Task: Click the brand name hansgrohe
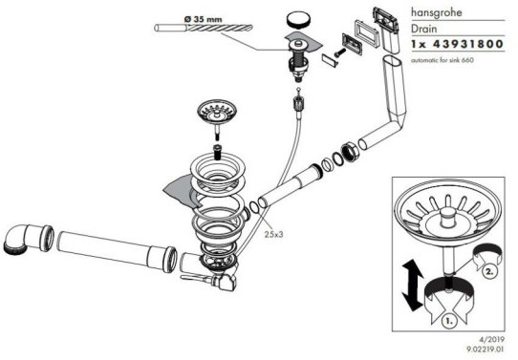(436, 12)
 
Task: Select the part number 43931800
(467, 44)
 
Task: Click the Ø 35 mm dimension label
(204, 19)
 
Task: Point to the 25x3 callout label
(273, 234)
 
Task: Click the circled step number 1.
(448, 320)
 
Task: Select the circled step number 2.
(489, 272)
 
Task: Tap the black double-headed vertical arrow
(412, 286)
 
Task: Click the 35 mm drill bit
(204, 28)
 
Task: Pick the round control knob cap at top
(299, 19)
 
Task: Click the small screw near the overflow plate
(339, 53)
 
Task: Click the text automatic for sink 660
(442, 60)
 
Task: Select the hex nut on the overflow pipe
(349, 151)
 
